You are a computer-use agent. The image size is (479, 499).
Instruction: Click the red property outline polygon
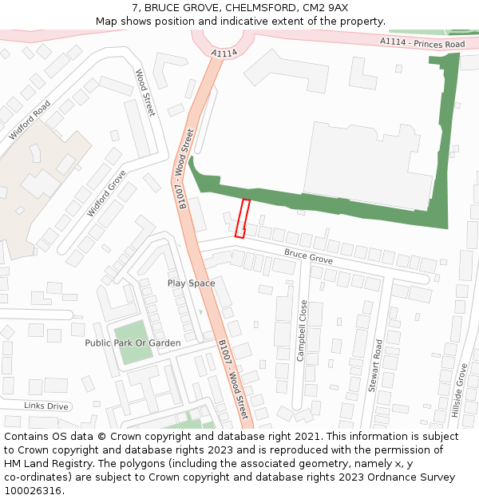(x=242, y=218)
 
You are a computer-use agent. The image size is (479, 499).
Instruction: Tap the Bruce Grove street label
(x=308, y=257)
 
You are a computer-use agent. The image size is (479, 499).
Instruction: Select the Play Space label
(x=191, y=283)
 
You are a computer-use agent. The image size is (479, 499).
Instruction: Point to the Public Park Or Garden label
(x=133, y=343)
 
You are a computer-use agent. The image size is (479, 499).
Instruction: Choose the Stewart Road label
(x=375, y=365)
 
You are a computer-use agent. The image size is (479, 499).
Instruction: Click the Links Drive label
(x=46, y=406)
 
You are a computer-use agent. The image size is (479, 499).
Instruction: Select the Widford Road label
(x=30, y=120)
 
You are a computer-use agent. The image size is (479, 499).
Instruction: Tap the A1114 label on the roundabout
(x=224, y=53)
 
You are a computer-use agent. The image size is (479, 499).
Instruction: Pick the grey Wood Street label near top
(x=144, y=93)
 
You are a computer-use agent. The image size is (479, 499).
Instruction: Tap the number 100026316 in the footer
(x=33, y=490)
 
